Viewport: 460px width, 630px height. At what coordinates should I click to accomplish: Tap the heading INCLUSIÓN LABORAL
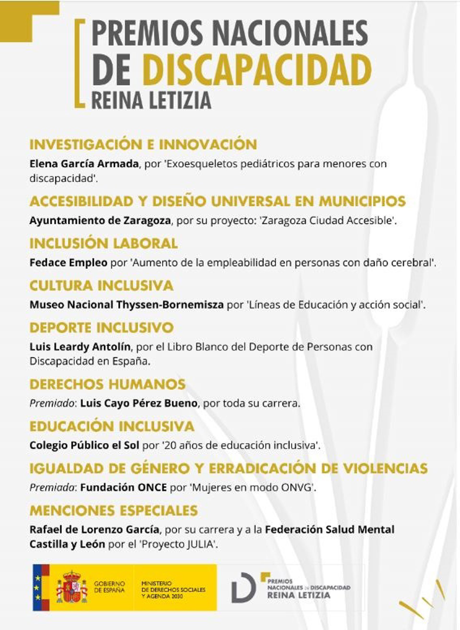(103, 244)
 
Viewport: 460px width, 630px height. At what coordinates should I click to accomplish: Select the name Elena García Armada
(84, 164)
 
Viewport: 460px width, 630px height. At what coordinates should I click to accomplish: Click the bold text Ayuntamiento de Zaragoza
(100, 221)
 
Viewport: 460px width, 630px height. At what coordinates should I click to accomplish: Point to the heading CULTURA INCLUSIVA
(101, 286)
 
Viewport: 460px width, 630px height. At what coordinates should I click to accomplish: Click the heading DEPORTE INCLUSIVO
(101, 328)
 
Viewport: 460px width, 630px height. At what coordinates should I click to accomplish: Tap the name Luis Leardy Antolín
(80, 347)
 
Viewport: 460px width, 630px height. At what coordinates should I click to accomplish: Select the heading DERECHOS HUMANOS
(108, 384)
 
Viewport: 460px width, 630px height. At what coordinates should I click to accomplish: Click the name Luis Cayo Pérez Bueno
(139, 403)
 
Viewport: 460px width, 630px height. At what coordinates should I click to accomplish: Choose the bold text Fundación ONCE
(123, 488)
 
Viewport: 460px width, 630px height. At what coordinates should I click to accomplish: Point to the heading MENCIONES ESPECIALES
(114, 511)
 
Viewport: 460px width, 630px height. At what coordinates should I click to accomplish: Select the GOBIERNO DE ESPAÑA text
(109, 587)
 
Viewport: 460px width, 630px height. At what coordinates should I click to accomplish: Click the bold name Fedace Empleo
(68, 262)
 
